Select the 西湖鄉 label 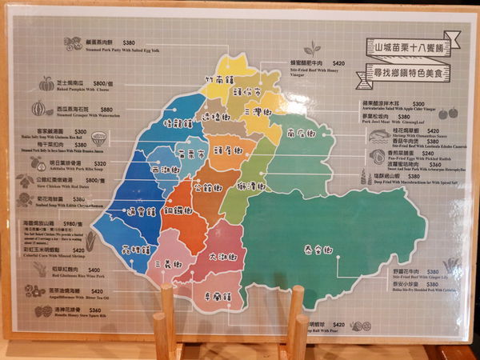(166, 170)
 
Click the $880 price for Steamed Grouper (106, 110)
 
